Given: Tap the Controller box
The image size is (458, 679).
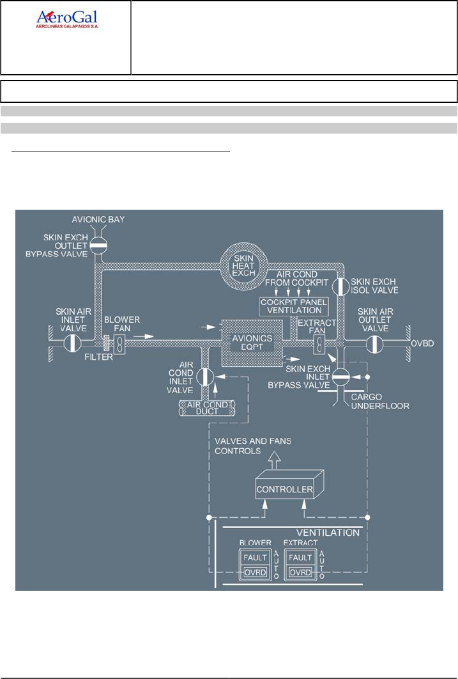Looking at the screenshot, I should [x=285, y=490].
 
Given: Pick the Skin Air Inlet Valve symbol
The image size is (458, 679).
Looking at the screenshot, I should [x=73, y=343].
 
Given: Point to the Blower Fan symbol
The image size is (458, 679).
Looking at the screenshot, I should [x=119, y=343].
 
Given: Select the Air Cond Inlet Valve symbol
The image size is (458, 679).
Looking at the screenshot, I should [x=204, y=375].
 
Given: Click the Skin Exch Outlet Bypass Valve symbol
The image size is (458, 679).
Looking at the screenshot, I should [x=98, y=244].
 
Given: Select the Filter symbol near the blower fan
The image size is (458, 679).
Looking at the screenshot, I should [x=107, y=343].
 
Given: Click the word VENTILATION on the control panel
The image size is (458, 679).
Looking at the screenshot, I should [x=328, y=532].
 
